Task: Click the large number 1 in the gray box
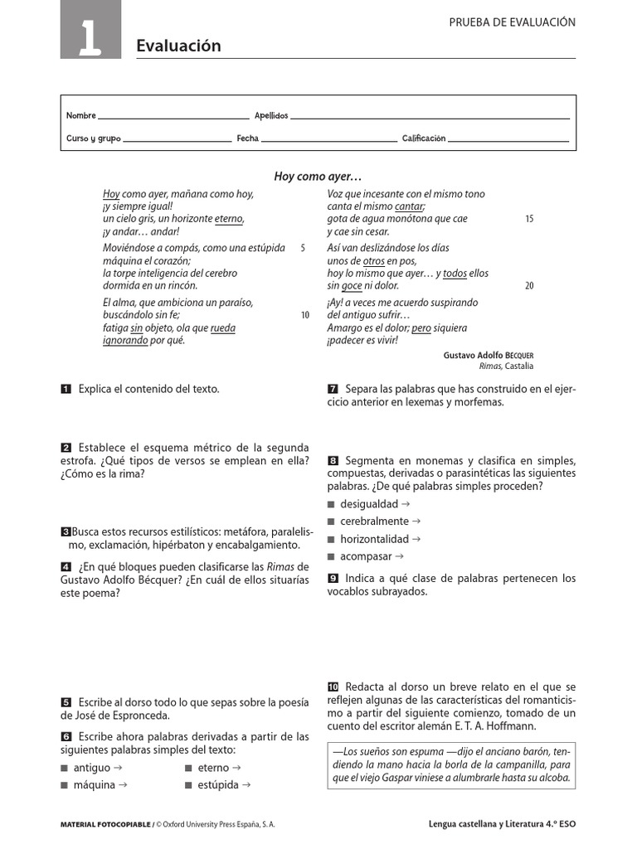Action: pyautogui.click(x=90, y=40)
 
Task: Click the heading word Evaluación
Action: pyautogui.click(x=178, y=46)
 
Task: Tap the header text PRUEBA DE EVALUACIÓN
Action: pyautogui.click(x=512, y=22)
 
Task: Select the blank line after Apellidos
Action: pyautogui.click(x=430, y=118)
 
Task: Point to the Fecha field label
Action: pyautogui.click(x=247, y=139)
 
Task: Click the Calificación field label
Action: pyautogui.click(x=424, y=139)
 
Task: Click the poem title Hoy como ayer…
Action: pyautogui.click(x=318, y=177)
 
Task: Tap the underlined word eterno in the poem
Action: pyautogui.click(x=229, y=220)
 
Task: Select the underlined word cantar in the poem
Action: pyautogui.click(x=409, y=206)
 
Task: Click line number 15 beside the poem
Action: pyautogui.click(x=529, y=220)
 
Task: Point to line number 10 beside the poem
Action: pyautogui.click(x=304, y=315)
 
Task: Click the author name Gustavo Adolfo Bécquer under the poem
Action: pyautogui.click(x=489, y=355)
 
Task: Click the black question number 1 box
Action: pyautogui.click(x=66, y=389)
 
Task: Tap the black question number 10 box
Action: pyautogui.click(x=333, y=687)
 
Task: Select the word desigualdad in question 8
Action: pyautogui.click(x=369, y=504)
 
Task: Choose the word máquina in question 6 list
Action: pyautogui.click(x=94, y=784)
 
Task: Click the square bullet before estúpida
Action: pyautogui.click(x=189, y=784)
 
